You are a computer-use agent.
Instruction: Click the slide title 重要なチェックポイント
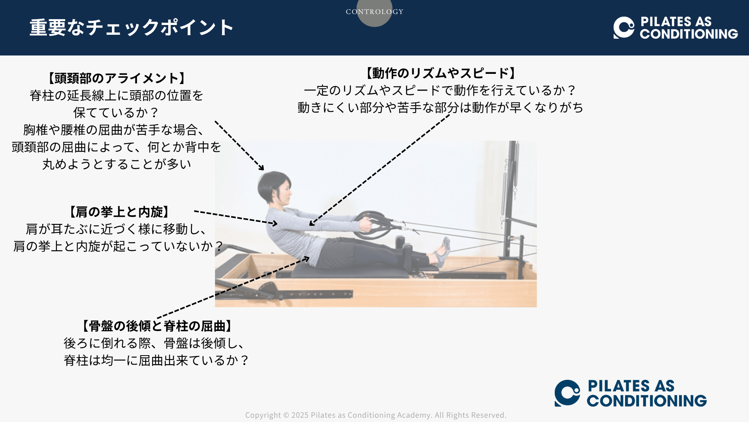point(131,27)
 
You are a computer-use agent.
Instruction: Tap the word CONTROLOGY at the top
point(374,12)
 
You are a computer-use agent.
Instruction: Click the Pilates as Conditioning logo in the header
point(675,28)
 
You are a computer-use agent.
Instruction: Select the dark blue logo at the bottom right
point(630,393)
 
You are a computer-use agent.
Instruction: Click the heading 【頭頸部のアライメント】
point(116,78)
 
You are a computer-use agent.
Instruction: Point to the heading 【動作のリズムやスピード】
point(440,73)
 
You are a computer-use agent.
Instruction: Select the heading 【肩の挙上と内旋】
point(119,212)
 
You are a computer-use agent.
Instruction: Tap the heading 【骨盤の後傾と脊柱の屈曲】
point(157,326)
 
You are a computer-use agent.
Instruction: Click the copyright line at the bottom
point(376,415)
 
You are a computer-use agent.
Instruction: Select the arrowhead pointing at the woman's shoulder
point(274,224)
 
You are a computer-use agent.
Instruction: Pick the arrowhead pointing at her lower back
point(306,259)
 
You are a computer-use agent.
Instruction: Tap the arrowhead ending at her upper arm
point(312,223)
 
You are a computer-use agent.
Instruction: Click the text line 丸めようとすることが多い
point(117,164)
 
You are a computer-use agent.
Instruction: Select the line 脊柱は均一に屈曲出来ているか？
point(157,360)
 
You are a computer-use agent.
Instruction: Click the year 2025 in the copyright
point(300,415)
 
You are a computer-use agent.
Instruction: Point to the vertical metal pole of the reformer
point(511,199)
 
